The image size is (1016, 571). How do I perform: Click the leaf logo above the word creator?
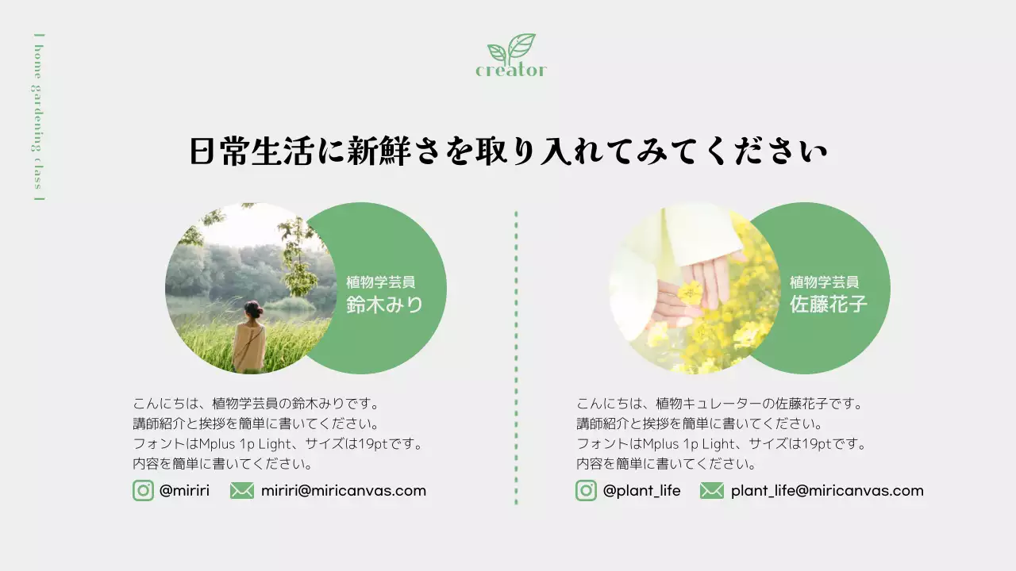[x=512, y=48]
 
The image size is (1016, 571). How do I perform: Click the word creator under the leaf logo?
[x=511, y=71]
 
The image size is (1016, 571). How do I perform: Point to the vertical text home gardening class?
[x=37, y=117]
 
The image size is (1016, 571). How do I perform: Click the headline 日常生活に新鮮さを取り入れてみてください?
[x=508, y=151]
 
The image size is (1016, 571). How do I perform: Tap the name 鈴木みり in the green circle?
[x=384, y=305]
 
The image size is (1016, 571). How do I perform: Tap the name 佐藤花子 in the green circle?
[x=828, y=305]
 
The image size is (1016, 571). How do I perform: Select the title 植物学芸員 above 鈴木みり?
[x=380, y=282]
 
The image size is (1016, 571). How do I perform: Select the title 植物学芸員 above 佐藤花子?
[x=824, y=282]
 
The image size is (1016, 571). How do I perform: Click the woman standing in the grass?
[x=249, y=337]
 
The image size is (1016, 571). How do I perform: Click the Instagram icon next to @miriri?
[x=143, y=491]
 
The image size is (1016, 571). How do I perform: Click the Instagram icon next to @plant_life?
[x=586, y=491]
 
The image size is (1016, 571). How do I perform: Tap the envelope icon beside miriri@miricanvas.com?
[x=242, y=491]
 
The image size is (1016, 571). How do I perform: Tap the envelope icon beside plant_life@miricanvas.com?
[x=712, y=491]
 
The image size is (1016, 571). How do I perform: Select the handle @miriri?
[x=184, y=491]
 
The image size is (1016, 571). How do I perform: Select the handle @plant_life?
[x=641, y=491]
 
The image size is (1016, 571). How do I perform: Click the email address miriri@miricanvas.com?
[x=344, y=491]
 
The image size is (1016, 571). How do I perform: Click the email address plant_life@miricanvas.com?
[x=827, y=491]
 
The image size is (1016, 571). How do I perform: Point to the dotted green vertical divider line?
[x=516, y=357]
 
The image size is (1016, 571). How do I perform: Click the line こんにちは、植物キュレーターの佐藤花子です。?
[x=719, y=404]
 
